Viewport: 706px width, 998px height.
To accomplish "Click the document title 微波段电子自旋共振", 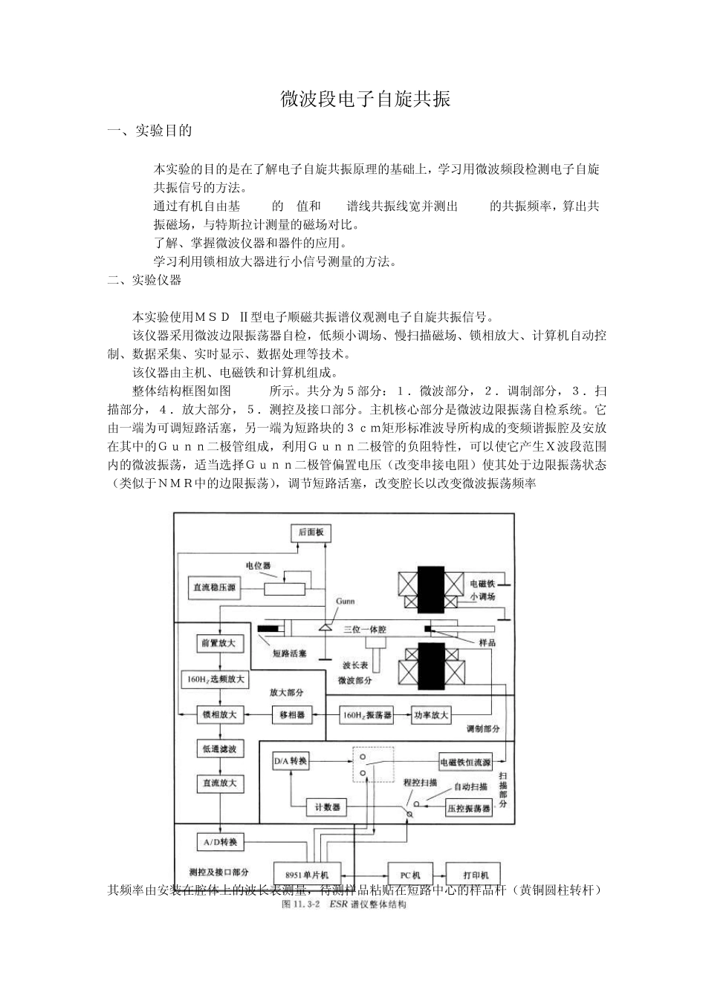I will tap(366, 99).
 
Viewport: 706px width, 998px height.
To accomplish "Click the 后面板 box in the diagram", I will tap(311, 532).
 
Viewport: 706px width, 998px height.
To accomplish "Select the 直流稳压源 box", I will tap(213, 588).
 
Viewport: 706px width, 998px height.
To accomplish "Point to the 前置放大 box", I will tap(218, 643).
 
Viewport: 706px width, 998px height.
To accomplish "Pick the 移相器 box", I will tap(292, 714).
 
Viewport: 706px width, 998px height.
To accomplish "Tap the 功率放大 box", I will tap(431, 714).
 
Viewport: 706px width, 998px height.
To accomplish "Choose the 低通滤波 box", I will tap(218, 750).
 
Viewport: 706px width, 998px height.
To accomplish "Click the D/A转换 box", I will tap(290, 762).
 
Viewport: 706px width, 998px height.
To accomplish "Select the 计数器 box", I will tap(326, 807).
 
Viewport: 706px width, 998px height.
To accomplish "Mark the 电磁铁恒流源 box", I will tap(466, 762).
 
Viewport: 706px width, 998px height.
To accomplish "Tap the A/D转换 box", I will tap(218, 842).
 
